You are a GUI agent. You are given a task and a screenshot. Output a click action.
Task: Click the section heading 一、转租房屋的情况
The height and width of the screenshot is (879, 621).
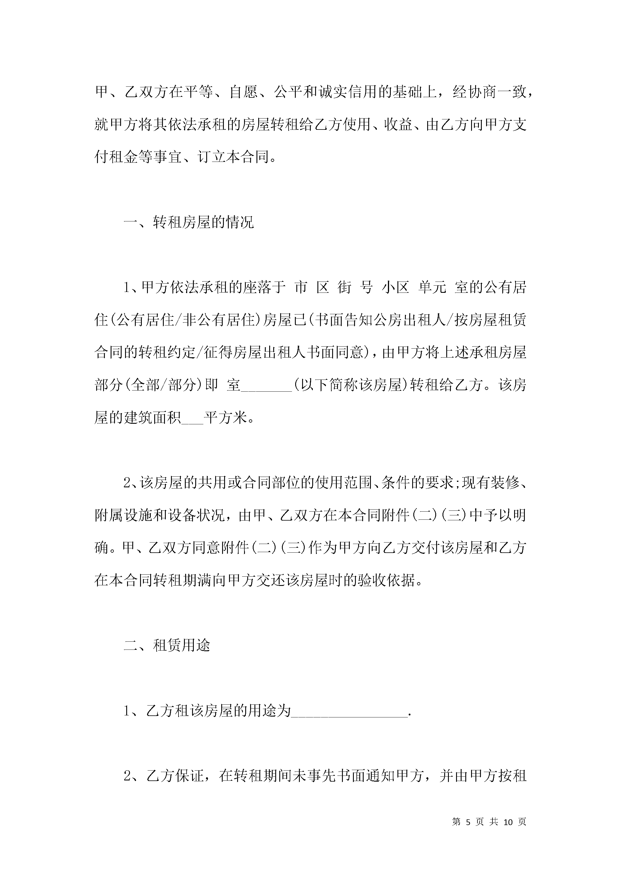pyautogui.click(x=189, y=223)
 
